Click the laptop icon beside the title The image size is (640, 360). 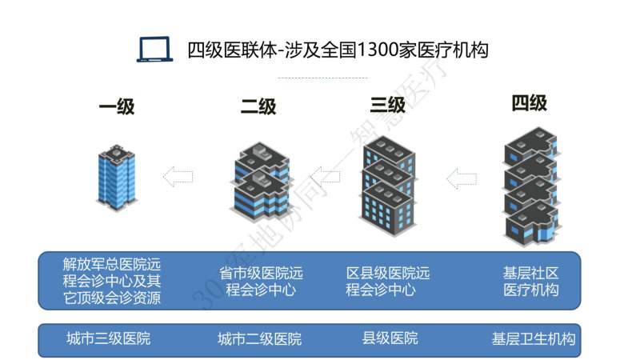point(154,50)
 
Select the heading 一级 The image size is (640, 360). point(117,106)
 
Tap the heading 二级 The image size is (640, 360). point(258,106)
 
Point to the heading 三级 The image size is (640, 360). point(388,105)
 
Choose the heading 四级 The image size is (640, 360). point(530,103)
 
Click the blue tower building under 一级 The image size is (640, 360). point(117,178)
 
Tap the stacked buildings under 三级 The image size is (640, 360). point(388,186)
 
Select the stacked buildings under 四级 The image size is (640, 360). point(531,186)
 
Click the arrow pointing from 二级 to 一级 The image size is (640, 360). point(178,177)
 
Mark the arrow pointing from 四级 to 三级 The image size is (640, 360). point(462,178)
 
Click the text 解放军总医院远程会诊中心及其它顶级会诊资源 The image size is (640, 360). point(112,281)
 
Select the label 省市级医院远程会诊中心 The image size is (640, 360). point(261,282)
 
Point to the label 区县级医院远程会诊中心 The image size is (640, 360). point(388,282)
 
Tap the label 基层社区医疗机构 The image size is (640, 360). point(530,282)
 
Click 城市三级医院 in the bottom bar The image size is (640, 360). point(109,338)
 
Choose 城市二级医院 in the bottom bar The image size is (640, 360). point(259,338)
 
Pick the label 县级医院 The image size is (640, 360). point(390,338)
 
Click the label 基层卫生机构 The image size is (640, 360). point(534,338)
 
